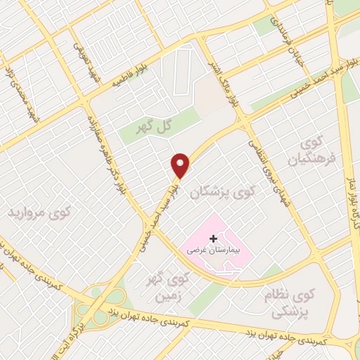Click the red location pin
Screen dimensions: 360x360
(181, 165)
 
